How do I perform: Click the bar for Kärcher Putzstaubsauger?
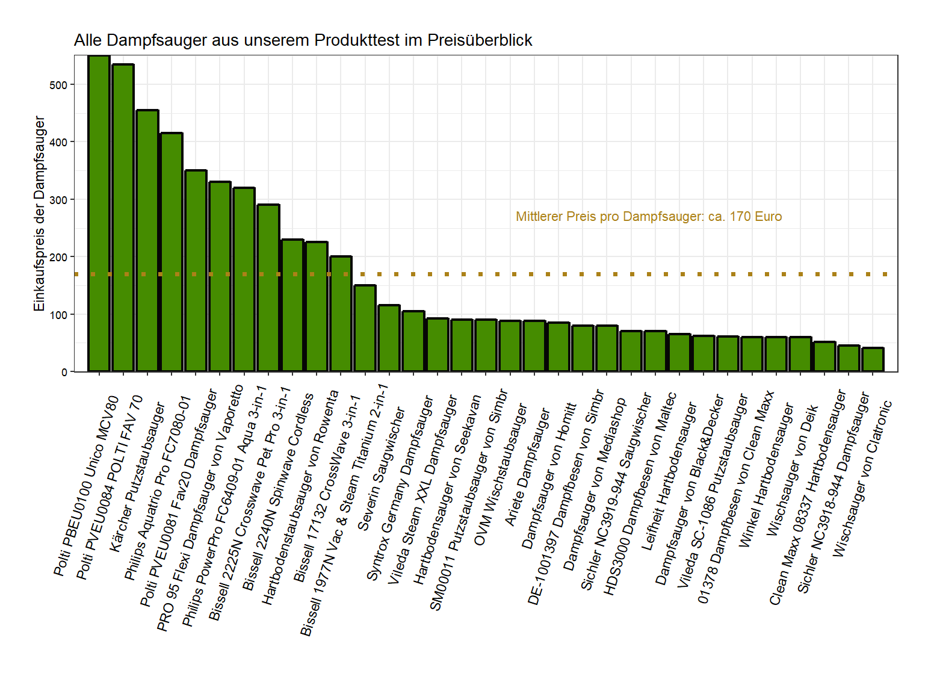pos(147,241)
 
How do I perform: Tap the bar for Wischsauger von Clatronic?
pos(873,359)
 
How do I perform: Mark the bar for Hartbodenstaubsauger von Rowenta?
pos(317,306)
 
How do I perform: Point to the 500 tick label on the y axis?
pos(59,85)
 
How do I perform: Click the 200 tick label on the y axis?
pos(59,257)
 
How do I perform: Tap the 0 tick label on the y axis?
pos(64,372)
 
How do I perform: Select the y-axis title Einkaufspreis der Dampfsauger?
pos(40,214)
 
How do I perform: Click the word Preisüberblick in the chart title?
pos(480,40)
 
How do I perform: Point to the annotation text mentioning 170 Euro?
pos(648,217)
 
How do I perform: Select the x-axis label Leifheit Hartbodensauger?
pos(669,476)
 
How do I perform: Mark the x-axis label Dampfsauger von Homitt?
pos(549,476)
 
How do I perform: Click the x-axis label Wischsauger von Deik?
pos(792,470)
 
